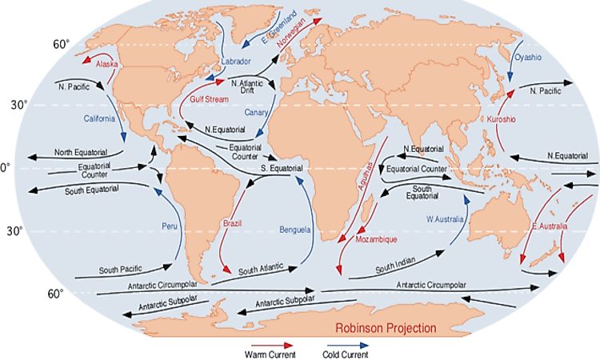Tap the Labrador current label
pyautogui.click(x=235, y=61)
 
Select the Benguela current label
pyautogui.click(x=295, y=230)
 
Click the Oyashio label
pyautogui.click(x=528, y=58)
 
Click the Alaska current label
pyautogui.click(x=106, y=63)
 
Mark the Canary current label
pyautogui.click(x=256, y=112)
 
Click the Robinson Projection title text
pyautogui.click(x=386, y=328)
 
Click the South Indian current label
pyautogui.click(x=394, y=263)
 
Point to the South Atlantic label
pyautogui.click(x=261, y=270)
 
